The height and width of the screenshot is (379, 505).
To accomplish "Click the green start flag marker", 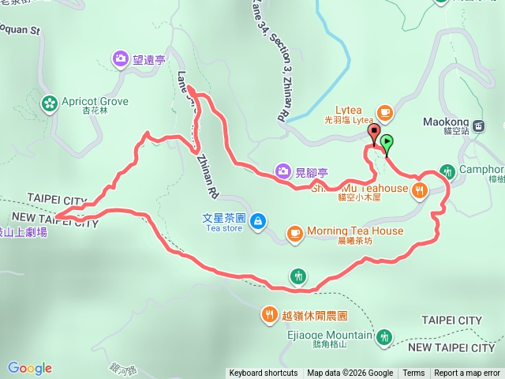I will (387, 143).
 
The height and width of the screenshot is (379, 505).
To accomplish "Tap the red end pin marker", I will (374, 132).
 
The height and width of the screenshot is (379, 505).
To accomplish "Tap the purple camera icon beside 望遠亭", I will (120, 58).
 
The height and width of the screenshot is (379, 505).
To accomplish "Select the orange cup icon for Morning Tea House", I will (294, 232).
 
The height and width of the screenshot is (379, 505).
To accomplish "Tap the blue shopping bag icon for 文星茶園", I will (257, 223).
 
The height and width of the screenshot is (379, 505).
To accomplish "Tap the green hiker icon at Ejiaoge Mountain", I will (384, 337).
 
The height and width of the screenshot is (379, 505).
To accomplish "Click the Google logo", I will (30, 368).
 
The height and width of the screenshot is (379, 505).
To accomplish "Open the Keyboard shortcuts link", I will (263, 373).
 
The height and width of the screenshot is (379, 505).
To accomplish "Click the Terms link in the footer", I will (413, 373).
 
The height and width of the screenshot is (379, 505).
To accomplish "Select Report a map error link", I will (468, 373).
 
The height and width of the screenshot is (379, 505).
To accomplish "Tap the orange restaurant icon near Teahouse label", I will (420, 189).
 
